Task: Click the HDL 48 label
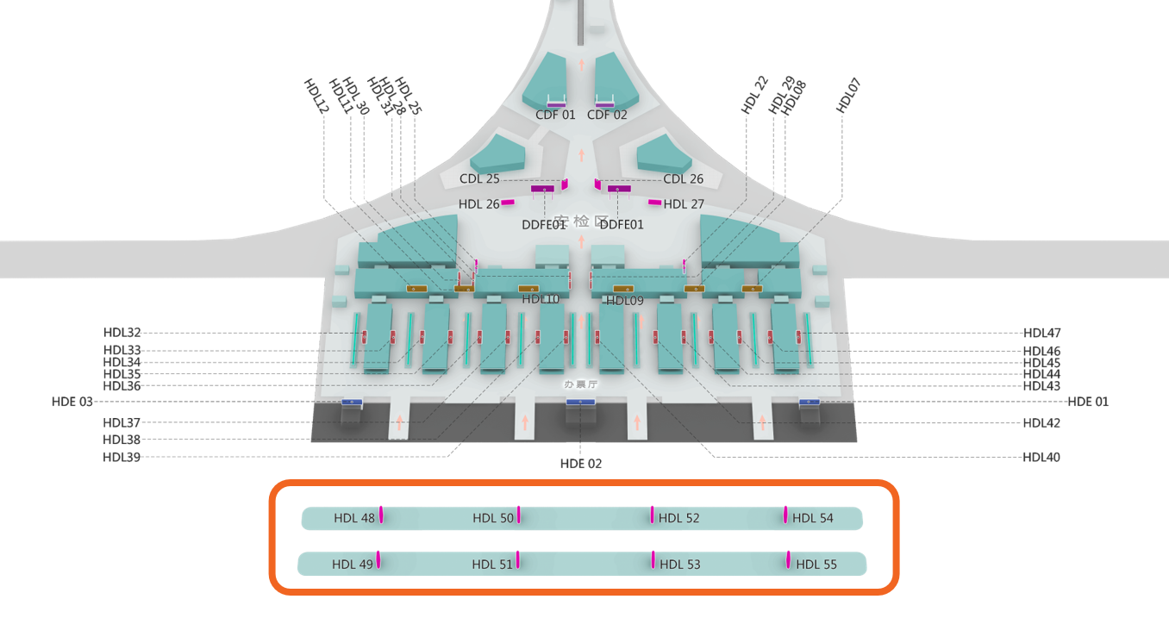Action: coord(354,518)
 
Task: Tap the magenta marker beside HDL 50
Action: coord(519,515)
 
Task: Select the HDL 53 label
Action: coord(679,565)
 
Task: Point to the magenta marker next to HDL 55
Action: coord(788,560)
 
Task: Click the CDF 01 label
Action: coord(555,115)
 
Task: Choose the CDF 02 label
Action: coord(607,115)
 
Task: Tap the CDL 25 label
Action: coord(479,179)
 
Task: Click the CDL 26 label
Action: coord(683,179)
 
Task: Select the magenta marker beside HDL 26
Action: coord(508,203)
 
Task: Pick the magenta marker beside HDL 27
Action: coord(655,203)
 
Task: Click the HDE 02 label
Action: coord(581,464)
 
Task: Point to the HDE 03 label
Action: coord(72,402)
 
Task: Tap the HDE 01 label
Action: coord(1088,402)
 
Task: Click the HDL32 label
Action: coord(122,333)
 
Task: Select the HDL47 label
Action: coord(1042,333)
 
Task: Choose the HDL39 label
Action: coord(122,457)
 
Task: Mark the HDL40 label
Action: coord(1041,458)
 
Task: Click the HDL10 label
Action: coord(541,299)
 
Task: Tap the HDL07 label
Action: coord(849,96)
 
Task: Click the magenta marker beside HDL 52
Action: coord(652,515)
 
